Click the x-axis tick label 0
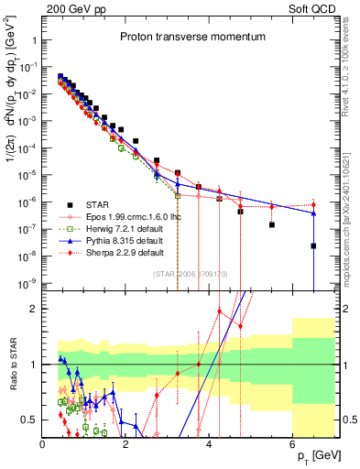point(42,442)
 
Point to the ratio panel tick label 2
point(33,308)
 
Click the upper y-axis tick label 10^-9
point(27,282)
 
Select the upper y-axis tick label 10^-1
point(27,67)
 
